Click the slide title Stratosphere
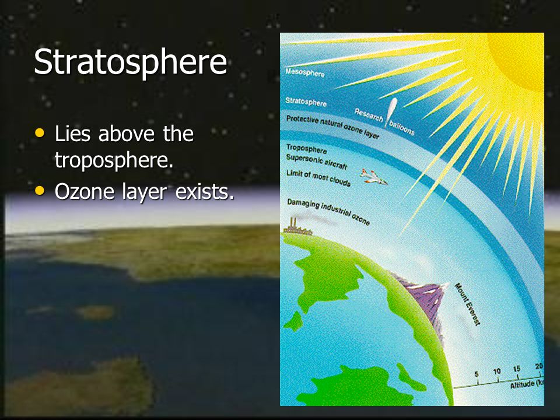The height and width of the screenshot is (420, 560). [x=130, y=62]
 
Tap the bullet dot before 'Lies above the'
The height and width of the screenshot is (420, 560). [x=40, y=133]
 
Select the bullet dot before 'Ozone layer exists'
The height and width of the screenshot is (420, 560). [x=40, y=190]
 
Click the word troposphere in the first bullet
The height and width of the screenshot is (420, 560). [x=114, y=160]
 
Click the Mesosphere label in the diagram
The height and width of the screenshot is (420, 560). [x=304, y=72]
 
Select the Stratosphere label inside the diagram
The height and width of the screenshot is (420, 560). [x=306, y=102]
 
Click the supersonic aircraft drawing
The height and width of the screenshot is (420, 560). [x=373, y=177]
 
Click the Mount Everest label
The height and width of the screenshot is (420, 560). [x=467, y=304]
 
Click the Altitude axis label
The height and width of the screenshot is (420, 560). [x=527, y=384]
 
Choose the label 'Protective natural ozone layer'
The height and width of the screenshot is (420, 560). [x=332, y=127]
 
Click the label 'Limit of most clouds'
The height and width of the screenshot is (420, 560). [x=318, y=178]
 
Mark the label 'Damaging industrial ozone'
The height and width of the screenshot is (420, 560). [x=328, y=212]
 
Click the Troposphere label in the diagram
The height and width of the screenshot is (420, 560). [x=306, y=149]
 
